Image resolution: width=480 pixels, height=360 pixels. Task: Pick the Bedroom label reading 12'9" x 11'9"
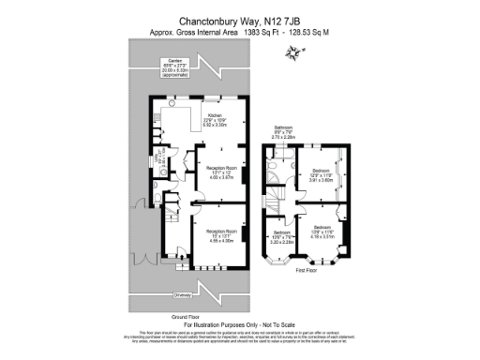pos(322,174)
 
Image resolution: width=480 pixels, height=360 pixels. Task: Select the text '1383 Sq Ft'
pos(263,32)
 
